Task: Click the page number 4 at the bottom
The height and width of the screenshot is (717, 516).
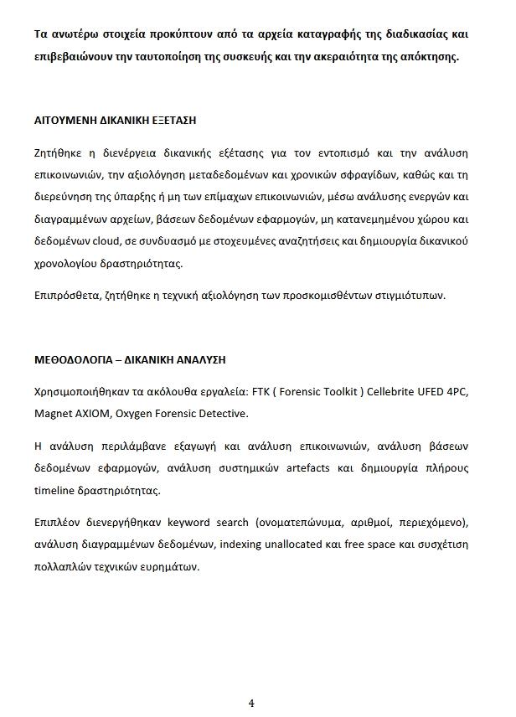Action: [x=251, y=702]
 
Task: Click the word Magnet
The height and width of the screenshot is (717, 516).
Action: [x=53, y=413]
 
